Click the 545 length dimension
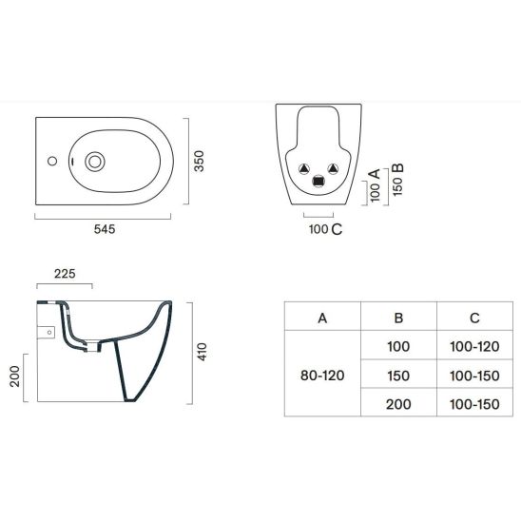coord(105,229)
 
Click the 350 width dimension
coord(199,162)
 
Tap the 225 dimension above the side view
coord(65,274)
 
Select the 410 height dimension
coord(202,352)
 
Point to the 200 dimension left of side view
coord(15,376)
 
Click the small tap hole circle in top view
coord(52,162)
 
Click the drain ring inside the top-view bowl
coord(95,162)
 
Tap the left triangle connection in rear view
coord(304,169)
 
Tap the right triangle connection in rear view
coord(333,169)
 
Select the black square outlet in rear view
coord(318,181)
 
